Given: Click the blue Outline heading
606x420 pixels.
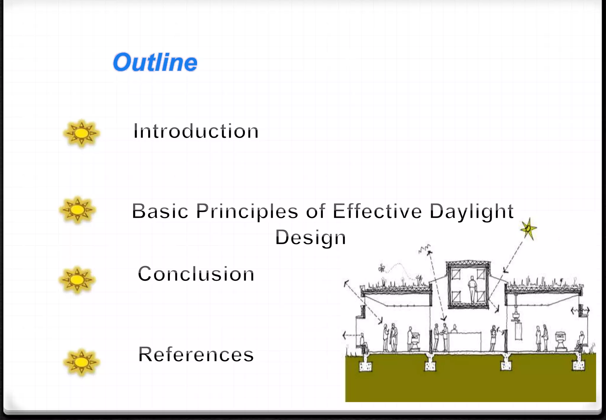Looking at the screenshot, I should click(155, 62).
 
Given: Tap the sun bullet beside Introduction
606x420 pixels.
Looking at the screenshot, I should click(81, 133).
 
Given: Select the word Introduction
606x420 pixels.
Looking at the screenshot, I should click(196, 131).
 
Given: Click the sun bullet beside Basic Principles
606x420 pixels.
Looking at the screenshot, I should click(78, 210).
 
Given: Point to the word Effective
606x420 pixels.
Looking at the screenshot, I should click(377, 211).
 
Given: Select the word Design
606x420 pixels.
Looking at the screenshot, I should click(310, 238).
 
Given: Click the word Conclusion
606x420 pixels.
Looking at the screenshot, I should click(196, 274).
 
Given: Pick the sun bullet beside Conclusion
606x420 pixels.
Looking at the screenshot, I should click(77, 280).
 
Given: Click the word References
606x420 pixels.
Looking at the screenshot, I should click(196, 354).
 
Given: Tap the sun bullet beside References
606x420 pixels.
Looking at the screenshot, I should click(81, 362).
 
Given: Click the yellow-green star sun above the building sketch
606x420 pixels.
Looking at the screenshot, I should click(528, 228).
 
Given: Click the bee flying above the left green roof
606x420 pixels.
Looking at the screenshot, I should click(382, 268).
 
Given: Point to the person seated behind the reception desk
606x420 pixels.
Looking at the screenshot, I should click(455, 328).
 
